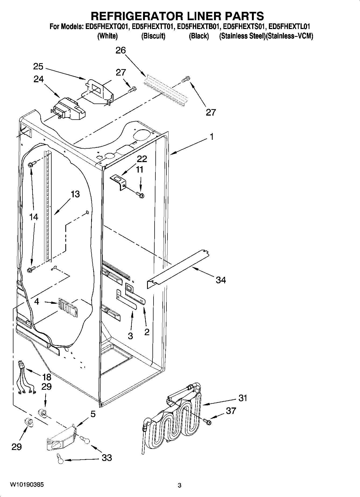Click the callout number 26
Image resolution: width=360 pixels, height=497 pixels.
[121, 50]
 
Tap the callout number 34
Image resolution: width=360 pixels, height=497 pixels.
[221, 280]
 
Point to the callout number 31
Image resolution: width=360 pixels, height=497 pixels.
[243, 398]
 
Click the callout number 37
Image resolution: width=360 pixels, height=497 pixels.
[231, 411]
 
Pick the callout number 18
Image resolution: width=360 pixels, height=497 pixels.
[47, 377]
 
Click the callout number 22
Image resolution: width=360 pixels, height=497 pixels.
[142, 159]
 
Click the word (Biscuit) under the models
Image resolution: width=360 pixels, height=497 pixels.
[153, 36]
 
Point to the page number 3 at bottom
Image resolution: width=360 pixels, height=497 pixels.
[179, 485]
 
